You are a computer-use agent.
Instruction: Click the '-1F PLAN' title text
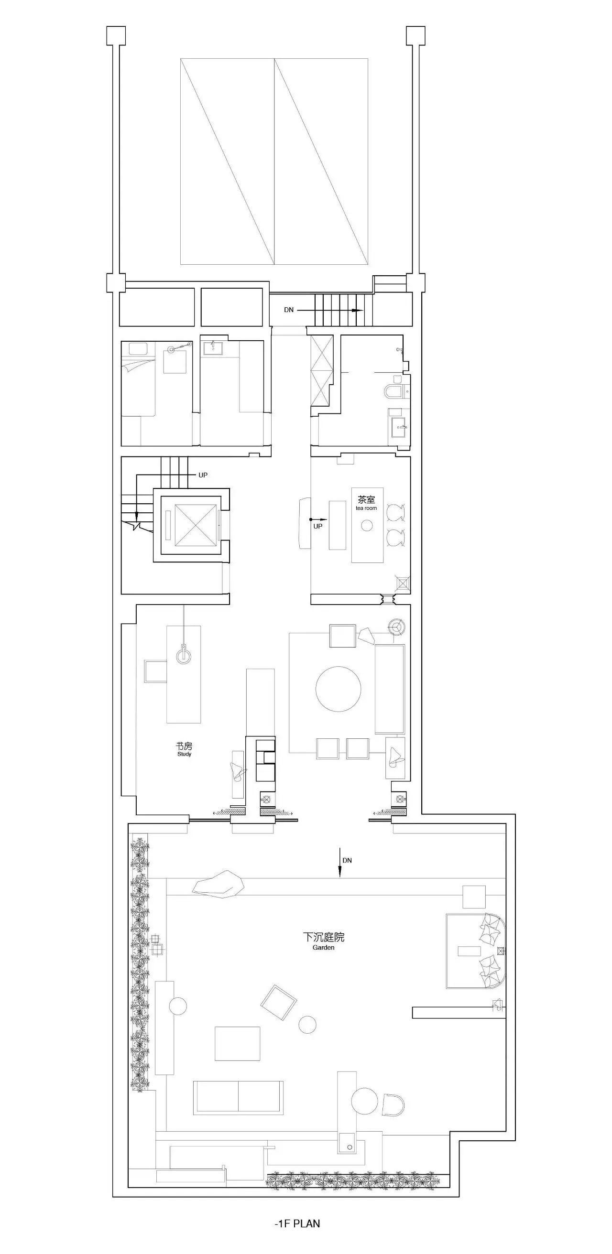[297, 1223]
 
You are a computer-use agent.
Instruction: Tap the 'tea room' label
[366, 508]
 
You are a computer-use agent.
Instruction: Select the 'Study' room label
[184, 754]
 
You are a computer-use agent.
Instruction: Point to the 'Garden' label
[323, 947]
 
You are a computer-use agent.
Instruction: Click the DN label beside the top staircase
[289, 310]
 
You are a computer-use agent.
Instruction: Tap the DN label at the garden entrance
[347, 860]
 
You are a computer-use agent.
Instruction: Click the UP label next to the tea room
[318, 526]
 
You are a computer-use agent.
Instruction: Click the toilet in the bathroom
[393, 391]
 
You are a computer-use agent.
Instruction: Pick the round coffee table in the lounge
[339, 689]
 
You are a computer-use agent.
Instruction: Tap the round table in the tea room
[367, 525]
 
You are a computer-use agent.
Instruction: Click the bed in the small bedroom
[138, 378]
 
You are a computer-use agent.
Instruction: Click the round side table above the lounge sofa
[397, 627]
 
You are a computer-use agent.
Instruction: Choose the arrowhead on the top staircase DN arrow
[358, 310]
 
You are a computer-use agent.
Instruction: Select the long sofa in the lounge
[390, 689]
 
